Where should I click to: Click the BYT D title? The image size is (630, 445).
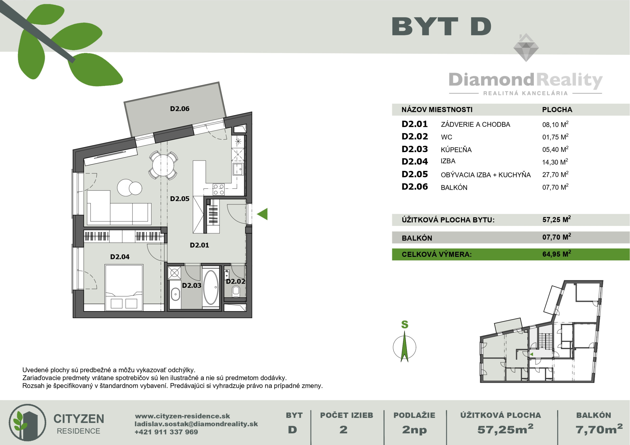[441, 26]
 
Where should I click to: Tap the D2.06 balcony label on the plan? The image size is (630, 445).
[180, 109]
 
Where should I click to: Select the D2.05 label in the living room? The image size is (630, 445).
[180, 199]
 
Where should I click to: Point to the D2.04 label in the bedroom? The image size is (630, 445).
[120, 257]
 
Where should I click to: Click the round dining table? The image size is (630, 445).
[163, 165]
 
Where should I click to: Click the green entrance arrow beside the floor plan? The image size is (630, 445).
[262, 214]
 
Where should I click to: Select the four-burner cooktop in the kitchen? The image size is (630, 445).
[219, 190]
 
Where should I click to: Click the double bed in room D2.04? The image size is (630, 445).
[124, 288]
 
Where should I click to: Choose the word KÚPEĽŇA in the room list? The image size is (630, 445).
[456, 150]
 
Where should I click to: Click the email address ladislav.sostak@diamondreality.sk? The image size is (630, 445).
[196, 424]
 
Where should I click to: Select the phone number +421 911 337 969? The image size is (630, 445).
[166, 432]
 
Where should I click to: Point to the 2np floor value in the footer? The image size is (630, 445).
[414, 430]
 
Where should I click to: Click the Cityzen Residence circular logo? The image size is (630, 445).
[28, 422]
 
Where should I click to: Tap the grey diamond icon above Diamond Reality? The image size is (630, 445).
[526, 48]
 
